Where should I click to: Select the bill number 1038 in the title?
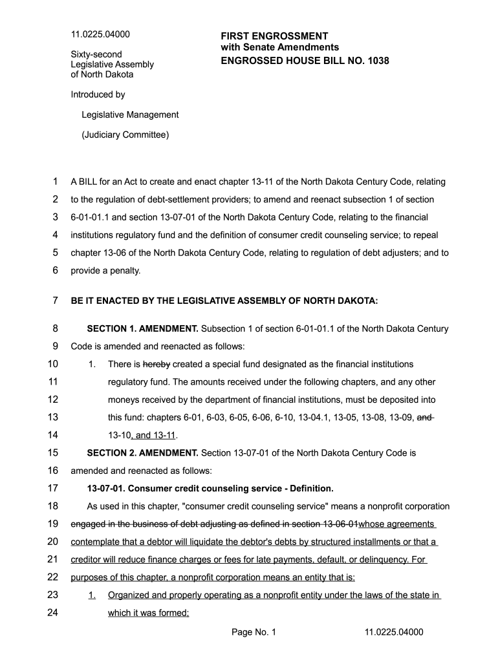377,61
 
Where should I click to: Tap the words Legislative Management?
130,114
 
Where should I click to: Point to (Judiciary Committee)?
125,135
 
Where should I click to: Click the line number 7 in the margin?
55,301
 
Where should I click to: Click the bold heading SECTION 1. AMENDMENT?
142,328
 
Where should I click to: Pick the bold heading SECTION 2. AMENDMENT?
142,453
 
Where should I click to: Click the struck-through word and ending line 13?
424,417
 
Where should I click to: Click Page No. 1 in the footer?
254,632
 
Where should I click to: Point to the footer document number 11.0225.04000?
394,632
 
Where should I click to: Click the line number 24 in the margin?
53,612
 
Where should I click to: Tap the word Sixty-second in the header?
96,54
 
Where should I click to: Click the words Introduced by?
98,94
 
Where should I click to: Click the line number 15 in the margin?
53,453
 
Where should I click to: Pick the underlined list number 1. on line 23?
92,595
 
